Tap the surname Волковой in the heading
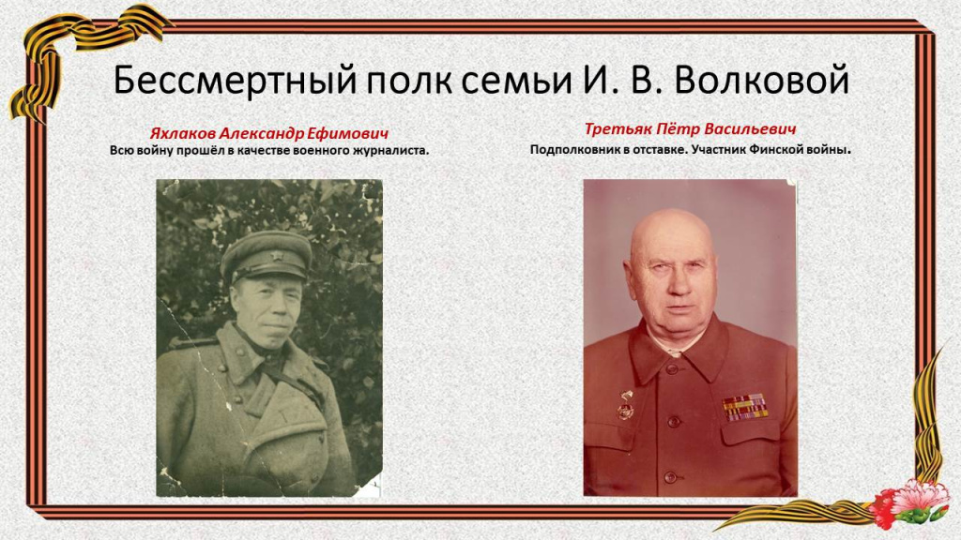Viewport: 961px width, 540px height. click(762, 79)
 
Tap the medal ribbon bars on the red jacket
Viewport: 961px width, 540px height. click(744, 407)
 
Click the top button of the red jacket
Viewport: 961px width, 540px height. click(672, 369)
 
